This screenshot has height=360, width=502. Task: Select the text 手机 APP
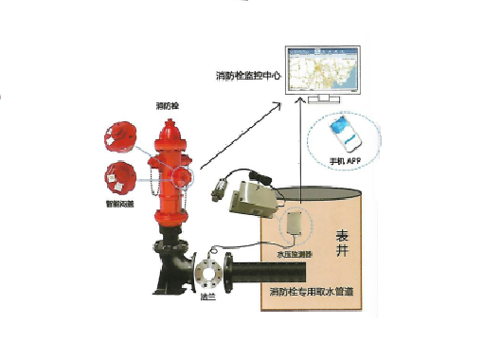342,161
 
